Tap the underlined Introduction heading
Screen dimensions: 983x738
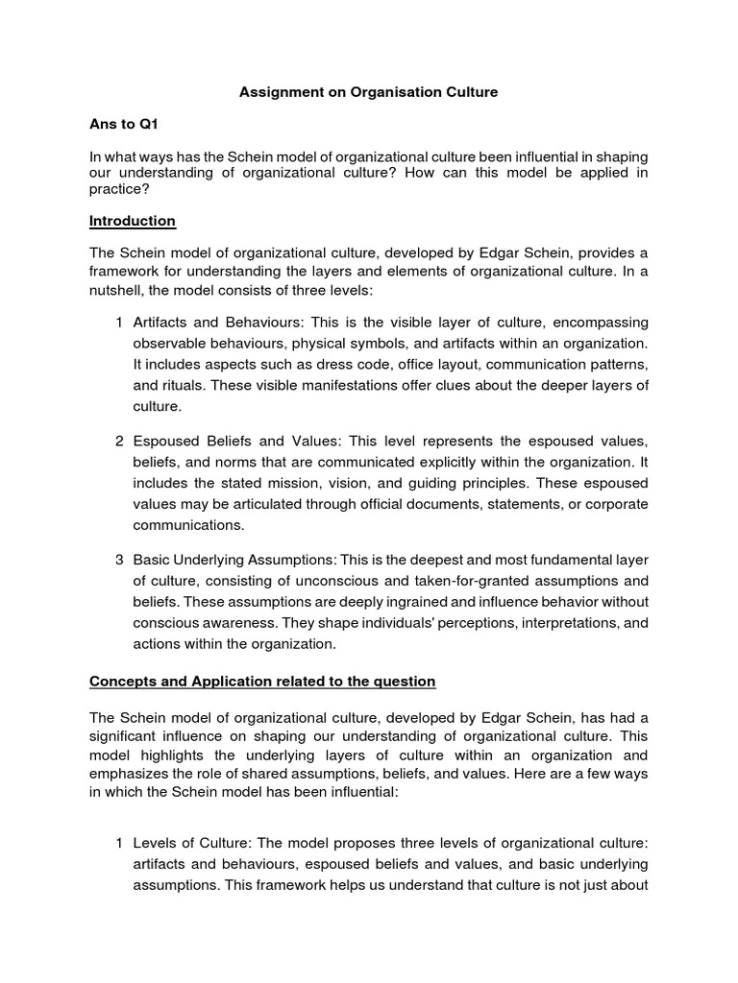tap(133, 221)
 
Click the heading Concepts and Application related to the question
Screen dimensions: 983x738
tap(262, 682)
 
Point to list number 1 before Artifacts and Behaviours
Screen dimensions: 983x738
tap(118, 323)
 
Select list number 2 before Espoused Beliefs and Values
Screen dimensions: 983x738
tap(118, 442)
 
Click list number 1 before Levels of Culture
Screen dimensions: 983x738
tap(118, 843)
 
